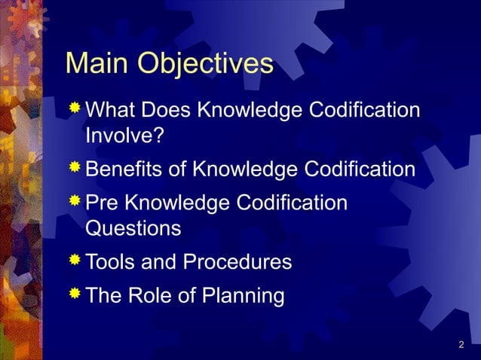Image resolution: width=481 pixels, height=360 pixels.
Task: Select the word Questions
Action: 133,228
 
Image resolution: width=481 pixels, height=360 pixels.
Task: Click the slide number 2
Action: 461,346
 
